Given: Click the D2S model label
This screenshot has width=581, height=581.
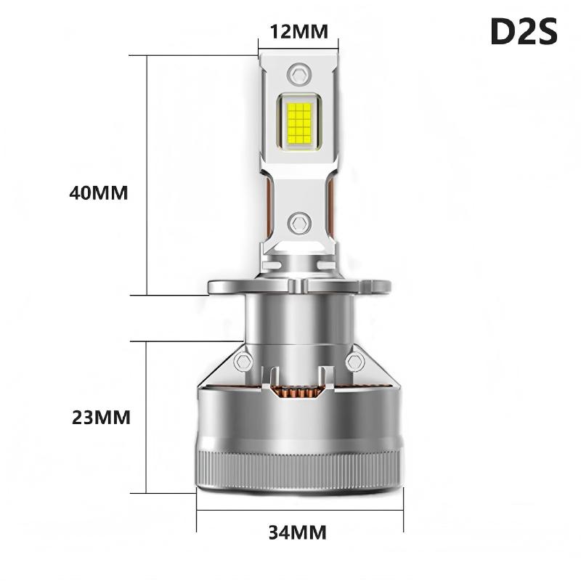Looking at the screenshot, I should click(x=523, y=32).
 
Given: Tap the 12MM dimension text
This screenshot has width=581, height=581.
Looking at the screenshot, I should click(x=298, y=31).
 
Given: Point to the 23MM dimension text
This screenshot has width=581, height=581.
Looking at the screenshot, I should click(x=101, y=418).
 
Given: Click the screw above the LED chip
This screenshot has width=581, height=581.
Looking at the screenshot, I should click(x=298, y=73).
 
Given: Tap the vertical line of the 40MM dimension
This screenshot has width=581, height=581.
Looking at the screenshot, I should click(x=148, y=174).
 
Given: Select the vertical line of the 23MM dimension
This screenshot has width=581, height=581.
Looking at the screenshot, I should click(x=148, y=418).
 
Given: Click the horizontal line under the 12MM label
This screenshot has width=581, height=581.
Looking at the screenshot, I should click(x=298, y=49).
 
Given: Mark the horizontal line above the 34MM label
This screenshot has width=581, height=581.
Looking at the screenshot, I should click(x=298, y=510).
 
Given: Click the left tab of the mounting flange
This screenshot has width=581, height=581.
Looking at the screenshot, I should click(x=222, y=286).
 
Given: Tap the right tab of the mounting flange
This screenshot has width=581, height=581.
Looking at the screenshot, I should click(x=375, y=286).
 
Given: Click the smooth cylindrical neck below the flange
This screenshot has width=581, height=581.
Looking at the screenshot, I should click(x=298, y=320).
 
